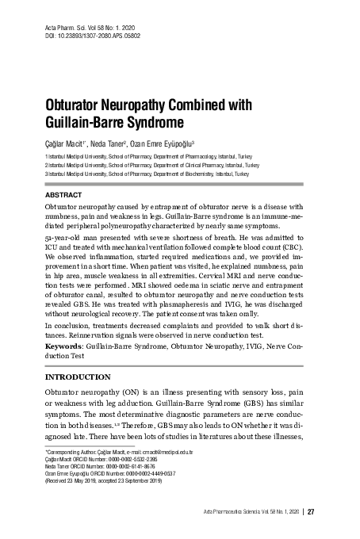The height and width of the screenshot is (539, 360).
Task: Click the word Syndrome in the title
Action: pyautogui.click(x=149, y=124)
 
